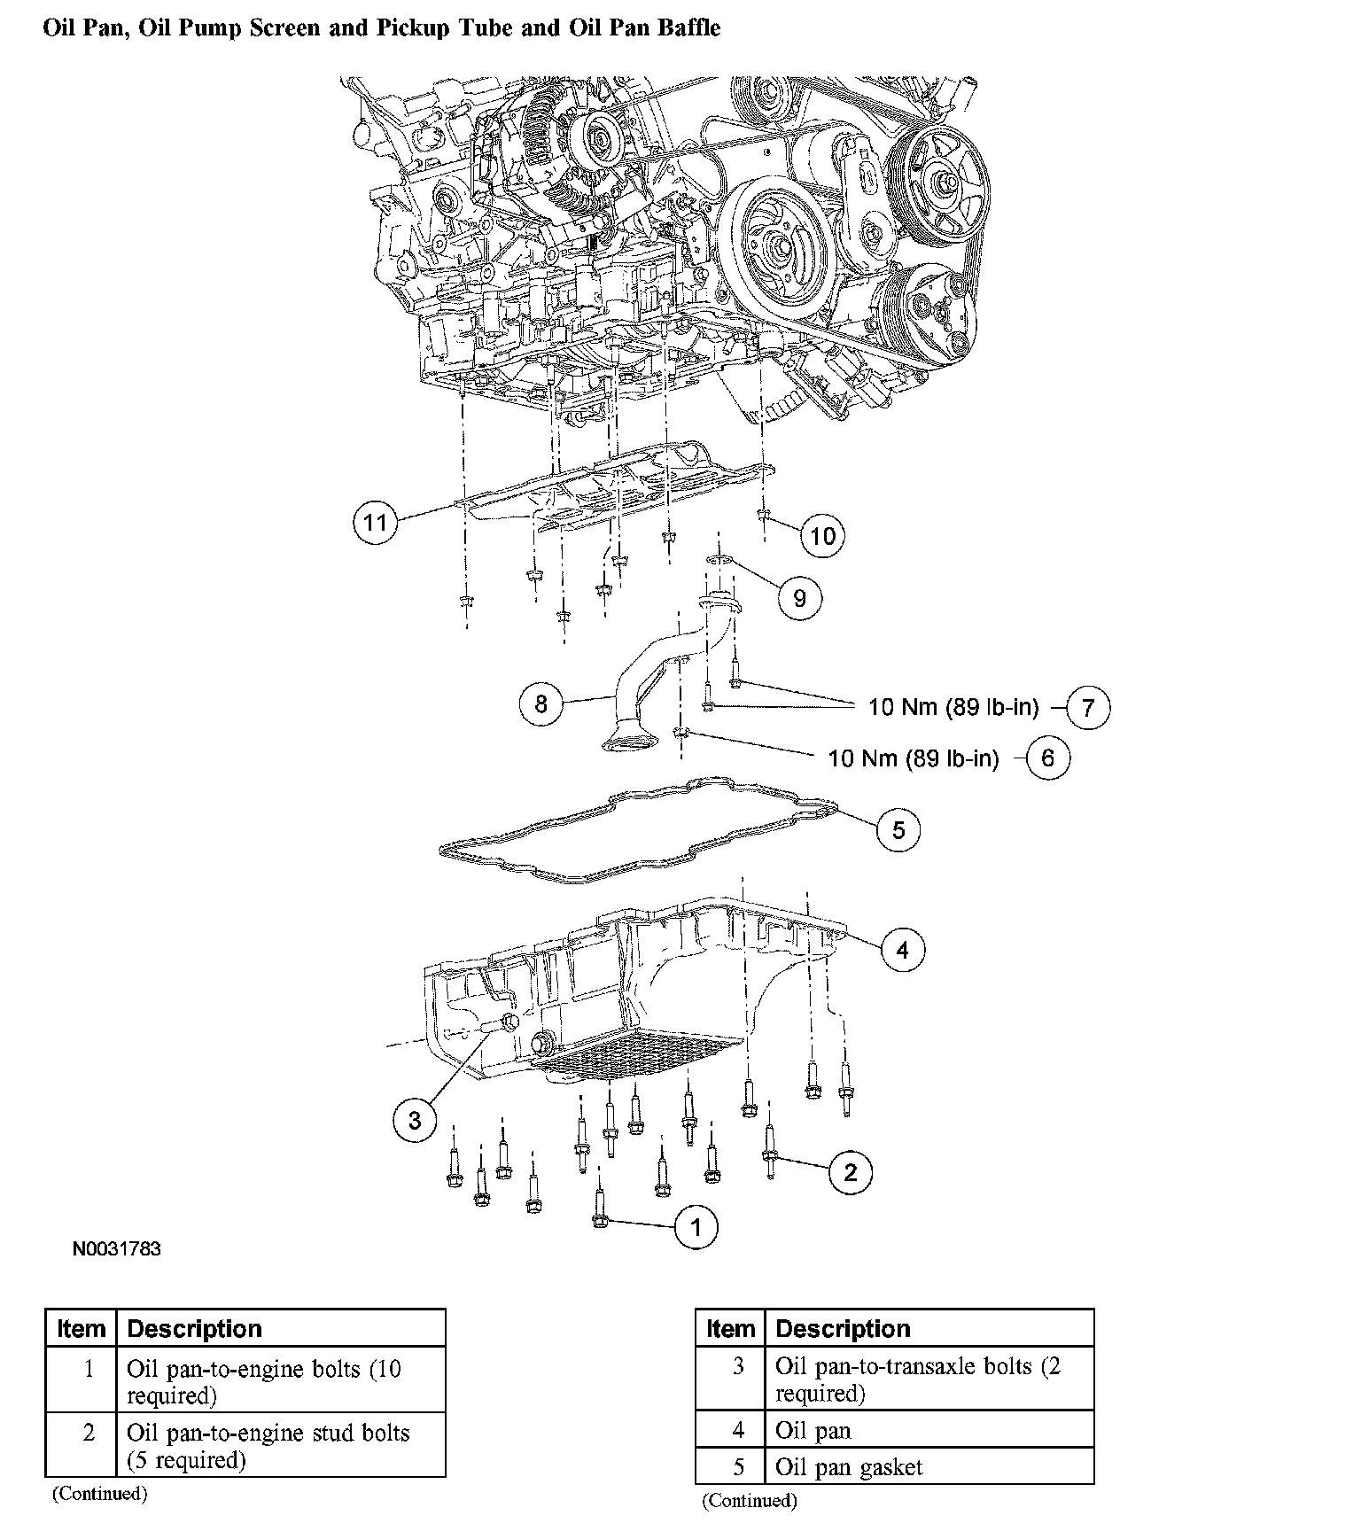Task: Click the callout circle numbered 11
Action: [376, 522]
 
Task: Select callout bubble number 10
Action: [822, 535]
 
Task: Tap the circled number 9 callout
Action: [799, 598]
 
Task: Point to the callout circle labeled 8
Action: [541, 703]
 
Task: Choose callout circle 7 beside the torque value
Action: [1088, 707]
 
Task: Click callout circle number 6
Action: [1047, 758]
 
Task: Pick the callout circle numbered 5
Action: [898, 830]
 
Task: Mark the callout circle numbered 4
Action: [902, 950]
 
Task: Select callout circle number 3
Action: [415, 1121]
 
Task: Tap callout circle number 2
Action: [850, 1172]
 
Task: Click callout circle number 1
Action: [696, 1227]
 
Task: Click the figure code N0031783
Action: [117, 1249]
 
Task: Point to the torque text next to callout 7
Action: [953, 707]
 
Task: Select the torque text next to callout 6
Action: [913, 758]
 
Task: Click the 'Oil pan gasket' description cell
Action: [849, 1467]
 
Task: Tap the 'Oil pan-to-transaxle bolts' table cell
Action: [917, 1379]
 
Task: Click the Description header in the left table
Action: [195, 1329]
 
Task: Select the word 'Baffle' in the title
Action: [688, 27]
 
